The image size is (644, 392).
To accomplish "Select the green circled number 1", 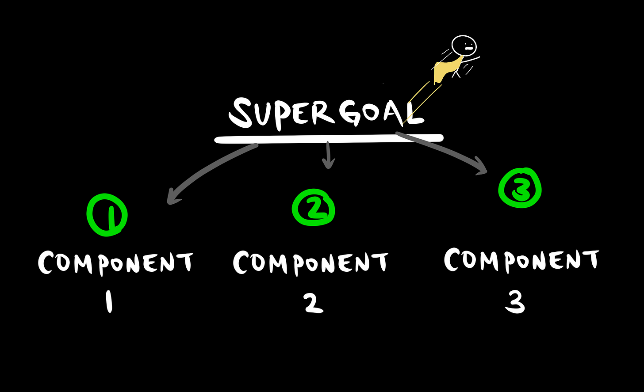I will (x=107, y=215).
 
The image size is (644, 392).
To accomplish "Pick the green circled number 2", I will (x=313, y=208).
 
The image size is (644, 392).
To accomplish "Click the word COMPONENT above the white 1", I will (x=115, y=263).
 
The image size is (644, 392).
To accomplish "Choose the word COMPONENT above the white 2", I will (x=310, y=262).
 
